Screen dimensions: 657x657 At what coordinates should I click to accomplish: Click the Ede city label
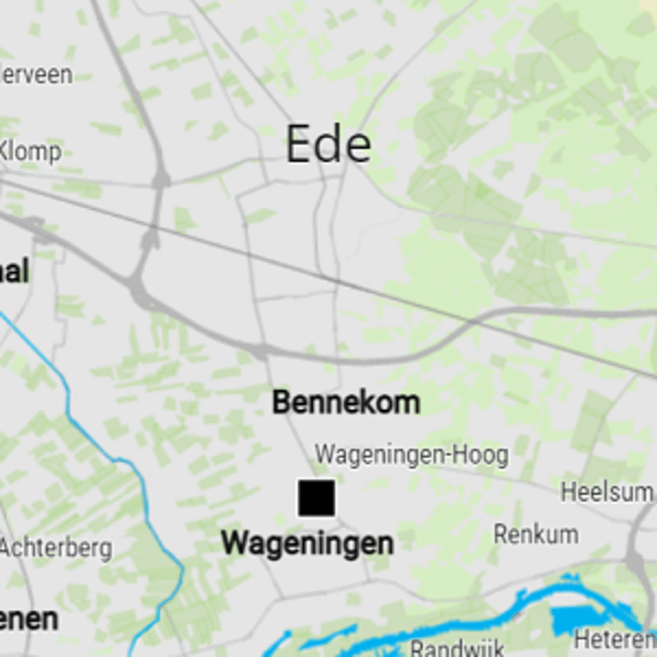[328, 145]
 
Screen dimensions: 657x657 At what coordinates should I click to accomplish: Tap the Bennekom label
[346, 402]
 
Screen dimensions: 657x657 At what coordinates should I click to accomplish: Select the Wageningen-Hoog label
[411, 454]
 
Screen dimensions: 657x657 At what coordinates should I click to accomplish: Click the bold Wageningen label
[307, 543]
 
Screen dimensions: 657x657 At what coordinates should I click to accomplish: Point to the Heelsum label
[607, 493]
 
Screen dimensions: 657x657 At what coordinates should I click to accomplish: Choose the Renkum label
[535, 534]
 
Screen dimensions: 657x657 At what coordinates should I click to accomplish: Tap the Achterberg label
[56, 548]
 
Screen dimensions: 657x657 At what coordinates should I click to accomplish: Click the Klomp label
[30, 152]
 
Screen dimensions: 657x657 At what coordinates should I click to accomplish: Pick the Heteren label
[615, 638]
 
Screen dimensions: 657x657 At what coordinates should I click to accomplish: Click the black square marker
[316, 498]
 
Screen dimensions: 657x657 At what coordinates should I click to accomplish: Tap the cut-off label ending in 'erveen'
[36, 75]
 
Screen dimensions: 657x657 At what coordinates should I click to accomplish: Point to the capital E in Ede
[301, 145]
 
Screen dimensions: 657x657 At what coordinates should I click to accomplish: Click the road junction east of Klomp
[159, 177]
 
